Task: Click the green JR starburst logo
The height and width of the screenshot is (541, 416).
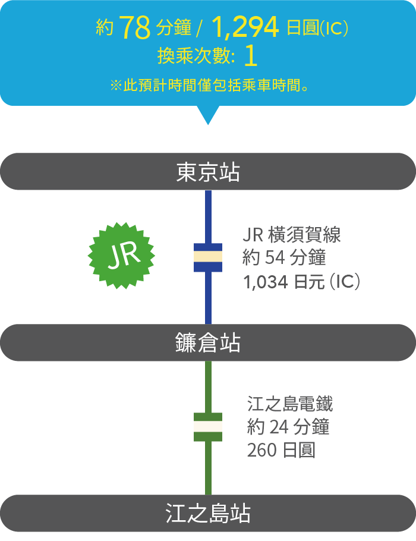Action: [x=121, y=256]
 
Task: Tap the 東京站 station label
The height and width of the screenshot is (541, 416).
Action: [x=208, y=172]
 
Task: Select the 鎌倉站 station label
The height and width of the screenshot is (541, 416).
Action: [x=208, y=343]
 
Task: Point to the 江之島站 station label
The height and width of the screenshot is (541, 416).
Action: [x=208, y=514]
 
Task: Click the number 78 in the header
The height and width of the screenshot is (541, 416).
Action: [x=134, y=27]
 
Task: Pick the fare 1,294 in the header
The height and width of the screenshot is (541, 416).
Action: [x=245, y=27]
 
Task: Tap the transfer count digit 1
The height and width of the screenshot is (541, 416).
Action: [x=251, y=56]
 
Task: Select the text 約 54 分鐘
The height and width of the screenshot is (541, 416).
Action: [x=285, y=258]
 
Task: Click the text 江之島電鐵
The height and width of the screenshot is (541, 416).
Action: [x=290, y=405]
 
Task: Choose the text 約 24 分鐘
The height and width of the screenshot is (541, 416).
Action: [x=288, y=427]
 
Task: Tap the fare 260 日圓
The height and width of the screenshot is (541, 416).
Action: [x=281, y=450]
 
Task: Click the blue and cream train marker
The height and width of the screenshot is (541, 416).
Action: [x=208, y=257]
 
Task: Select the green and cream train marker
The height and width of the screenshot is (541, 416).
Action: [x=208, y=427]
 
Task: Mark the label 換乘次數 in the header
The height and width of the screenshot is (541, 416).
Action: [x=196, y=57]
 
